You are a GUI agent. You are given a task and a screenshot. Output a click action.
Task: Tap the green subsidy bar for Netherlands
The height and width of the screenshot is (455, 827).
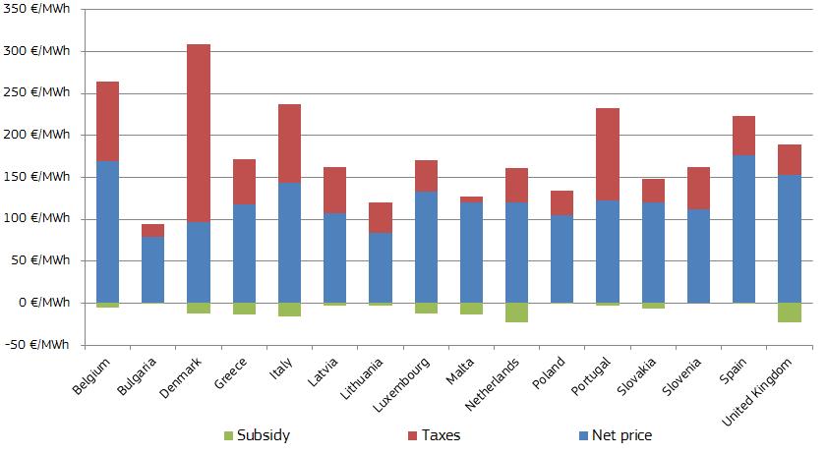[517, 313]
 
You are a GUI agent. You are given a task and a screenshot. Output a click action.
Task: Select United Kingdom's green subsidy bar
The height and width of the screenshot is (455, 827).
[790, 313]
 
